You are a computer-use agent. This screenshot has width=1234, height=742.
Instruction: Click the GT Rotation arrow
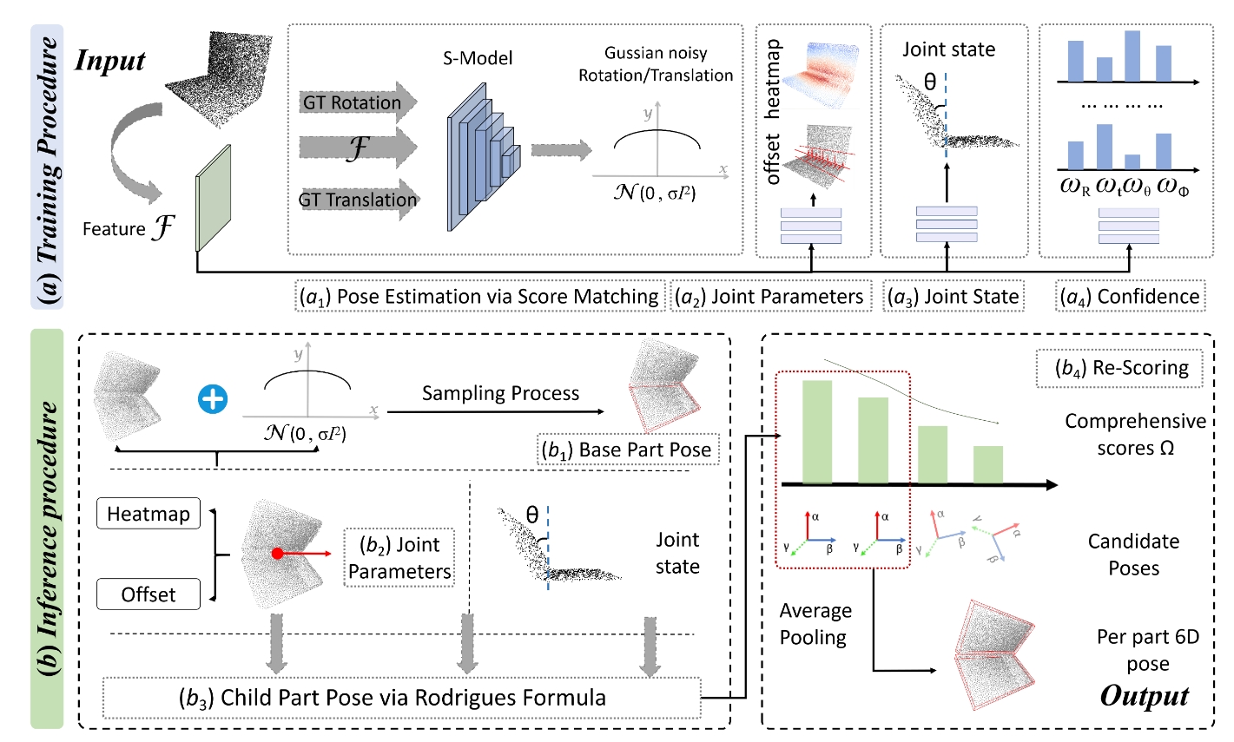[358, 102]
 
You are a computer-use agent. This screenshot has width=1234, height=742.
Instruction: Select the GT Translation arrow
[358, 200]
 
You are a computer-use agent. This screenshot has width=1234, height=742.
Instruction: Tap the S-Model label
[478, 58]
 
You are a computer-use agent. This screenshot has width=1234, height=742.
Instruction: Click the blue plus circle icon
[213, 398]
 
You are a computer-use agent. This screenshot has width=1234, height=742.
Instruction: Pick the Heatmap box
[148, 514]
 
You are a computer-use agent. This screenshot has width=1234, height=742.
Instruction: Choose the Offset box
[148, 594]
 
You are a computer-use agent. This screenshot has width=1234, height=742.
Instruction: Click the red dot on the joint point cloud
[278, 553]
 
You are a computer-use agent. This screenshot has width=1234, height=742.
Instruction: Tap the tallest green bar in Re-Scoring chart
[817, 432]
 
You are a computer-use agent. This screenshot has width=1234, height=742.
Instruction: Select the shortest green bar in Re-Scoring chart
[987, 465]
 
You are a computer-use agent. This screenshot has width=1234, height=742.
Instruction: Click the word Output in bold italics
[1145, 696]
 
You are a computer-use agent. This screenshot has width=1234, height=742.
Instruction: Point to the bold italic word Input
[110, 61]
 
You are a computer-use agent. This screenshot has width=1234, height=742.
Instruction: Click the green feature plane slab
[214, 198]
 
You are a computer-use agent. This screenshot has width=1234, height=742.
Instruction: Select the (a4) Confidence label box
[1130, 297]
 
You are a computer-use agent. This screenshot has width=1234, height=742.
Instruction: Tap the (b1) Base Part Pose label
[627, 450]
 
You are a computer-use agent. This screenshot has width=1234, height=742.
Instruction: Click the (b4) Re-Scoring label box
[1119, 368]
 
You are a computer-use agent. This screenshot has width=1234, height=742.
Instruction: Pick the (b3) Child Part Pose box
[401, 698]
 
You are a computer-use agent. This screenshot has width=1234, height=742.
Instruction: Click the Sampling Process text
[500, 393]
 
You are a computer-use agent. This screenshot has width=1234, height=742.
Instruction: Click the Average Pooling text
[815, 624]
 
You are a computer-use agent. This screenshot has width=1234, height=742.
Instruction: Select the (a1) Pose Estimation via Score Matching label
[480, 297]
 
